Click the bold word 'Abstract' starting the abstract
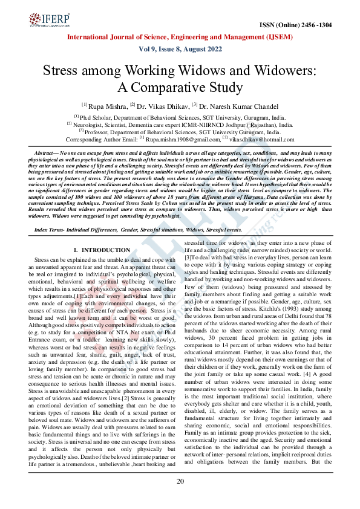point(45,154)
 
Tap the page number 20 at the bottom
point(180,481)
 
